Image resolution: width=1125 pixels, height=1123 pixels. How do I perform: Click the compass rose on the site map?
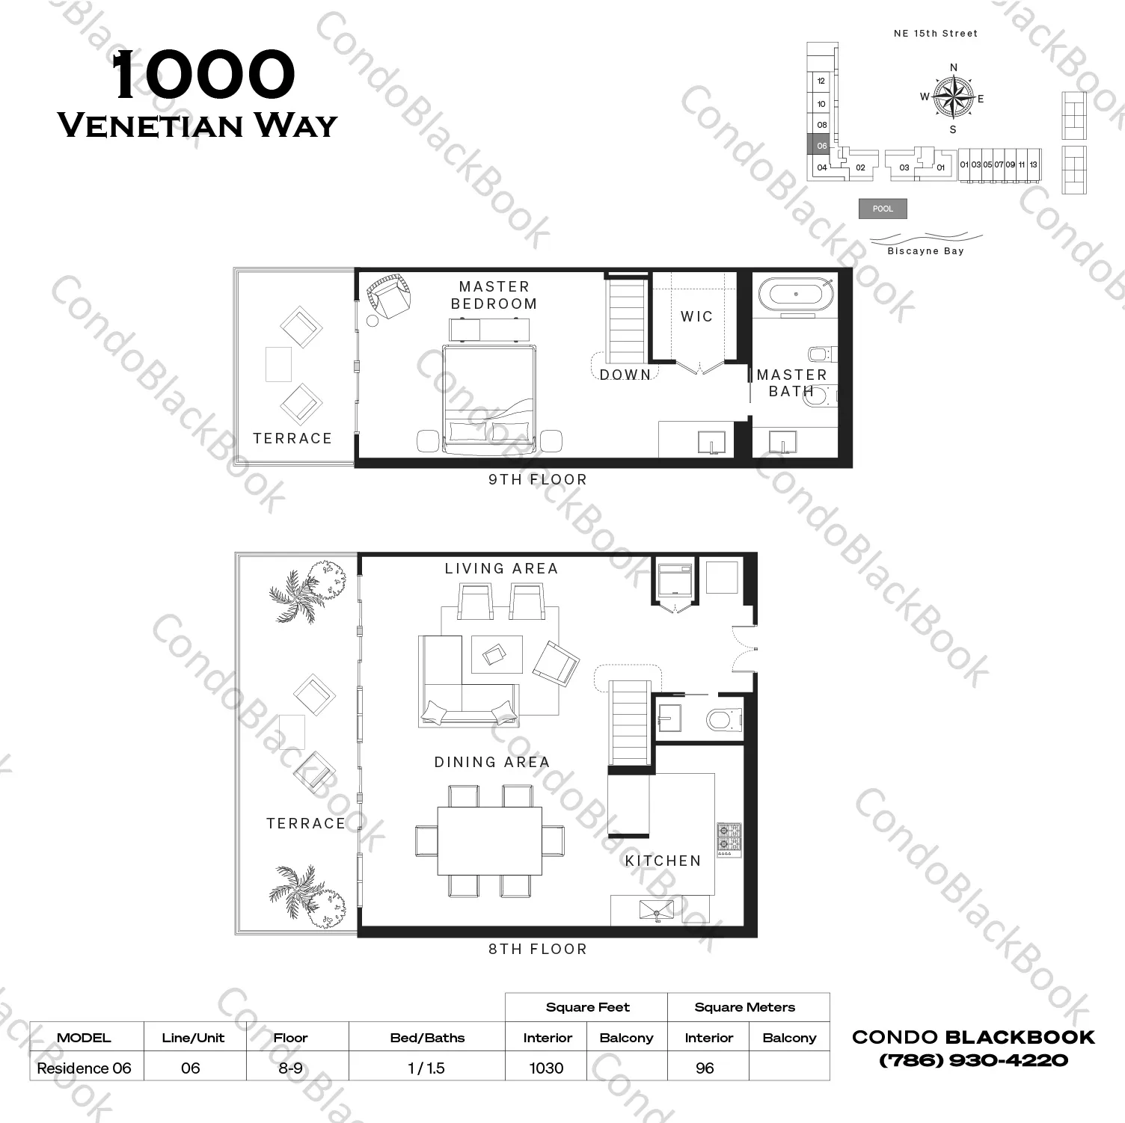pos(953,98)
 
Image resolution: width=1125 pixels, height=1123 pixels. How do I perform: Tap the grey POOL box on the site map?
pos(883,209)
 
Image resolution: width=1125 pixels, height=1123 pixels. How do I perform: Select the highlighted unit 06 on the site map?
pos(821,145)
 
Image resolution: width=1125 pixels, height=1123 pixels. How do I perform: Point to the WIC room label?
pos(696,316)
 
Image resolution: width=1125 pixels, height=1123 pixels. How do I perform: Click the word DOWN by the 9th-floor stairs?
pos(625,375)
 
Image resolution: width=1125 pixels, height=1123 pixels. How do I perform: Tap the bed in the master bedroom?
pos(488,399)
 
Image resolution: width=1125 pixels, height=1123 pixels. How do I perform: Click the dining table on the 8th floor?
pos(490,840)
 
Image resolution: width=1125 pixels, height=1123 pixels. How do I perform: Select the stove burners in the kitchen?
pos(729,839)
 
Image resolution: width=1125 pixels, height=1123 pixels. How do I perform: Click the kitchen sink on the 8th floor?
pos(656,911)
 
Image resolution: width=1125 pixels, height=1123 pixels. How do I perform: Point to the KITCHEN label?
pos(663,861)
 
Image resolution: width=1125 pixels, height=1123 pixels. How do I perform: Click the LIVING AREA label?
pos(501,568)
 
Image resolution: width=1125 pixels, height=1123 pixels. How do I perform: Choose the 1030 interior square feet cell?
pos(546,1068)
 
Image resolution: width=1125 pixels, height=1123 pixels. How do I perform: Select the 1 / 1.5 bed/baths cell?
pos(426,1068)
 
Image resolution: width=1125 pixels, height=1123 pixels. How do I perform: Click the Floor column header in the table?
pos(290,1038)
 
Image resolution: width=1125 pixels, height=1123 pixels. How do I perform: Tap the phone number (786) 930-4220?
pos(973,1060)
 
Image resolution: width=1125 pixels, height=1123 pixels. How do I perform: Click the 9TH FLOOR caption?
pos(538,479)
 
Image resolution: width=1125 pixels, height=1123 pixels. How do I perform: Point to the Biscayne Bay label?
pos(925,251)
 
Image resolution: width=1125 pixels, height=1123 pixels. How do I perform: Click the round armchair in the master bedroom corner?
pos(388,297)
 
